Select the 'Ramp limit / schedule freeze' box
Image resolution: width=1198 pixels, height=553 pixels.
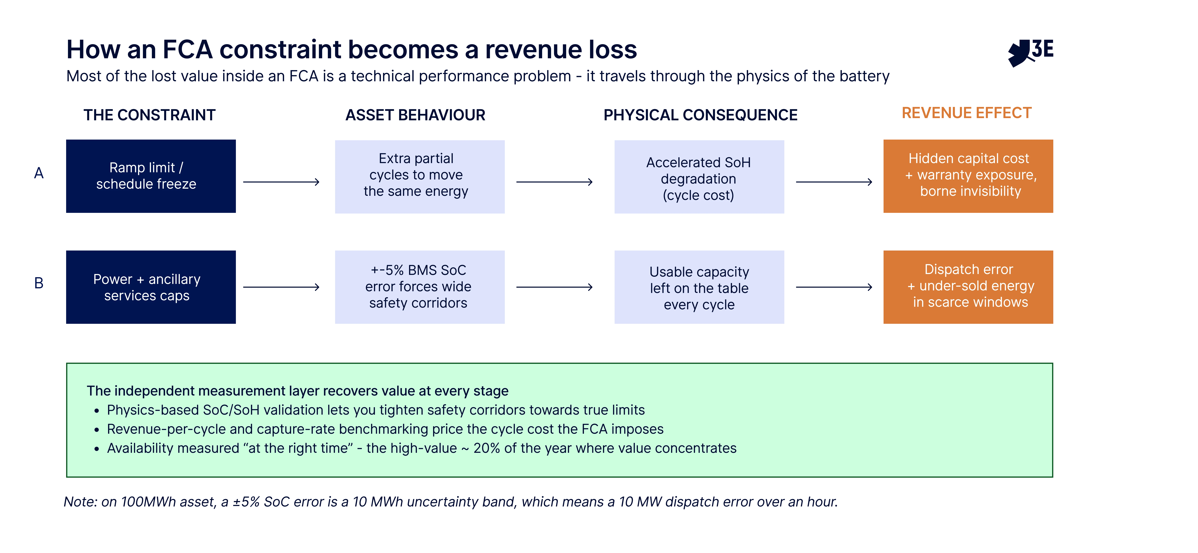click(151, 176)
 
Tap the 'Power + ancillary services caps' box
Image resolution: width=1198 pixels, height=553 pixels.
click(151, 287)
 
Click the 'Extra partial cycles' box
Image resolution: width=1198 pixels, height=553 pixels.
click(419, 177)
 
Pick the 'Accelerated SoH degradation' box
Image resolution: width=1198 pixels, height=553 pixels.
click(699, 177)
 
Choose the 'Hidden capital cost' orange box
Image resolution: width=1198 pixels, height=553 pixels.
click(968, 176)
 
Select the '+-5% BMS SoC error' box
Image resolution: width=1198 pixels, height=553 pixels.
click(419, 287)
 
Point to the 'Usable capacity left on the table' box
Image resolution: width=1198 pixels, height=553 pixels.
click(699, 287)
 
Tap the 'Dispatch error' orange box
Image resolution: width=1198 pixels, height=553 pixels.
click(968, 287)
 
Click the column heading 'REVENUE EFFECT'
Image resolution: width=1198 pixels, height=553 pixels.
click(966, 113)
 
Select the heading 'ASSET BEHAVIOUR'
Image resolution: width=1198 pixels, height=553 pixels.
click(415, 115)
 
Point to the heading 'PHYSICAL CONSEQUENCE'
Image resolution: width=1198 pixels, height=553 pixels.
click(700, 115)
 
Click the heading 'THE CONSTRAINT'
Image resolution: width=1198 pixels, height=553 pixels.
click(149, 115)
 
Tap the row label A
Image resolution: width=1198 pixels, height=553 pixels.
click(39, 173)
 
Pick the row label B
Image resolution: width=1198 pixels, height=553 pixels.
click(39, 283)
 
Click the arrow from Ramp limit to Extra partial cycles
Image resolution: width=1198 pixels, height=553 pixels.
click(281, 182)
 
